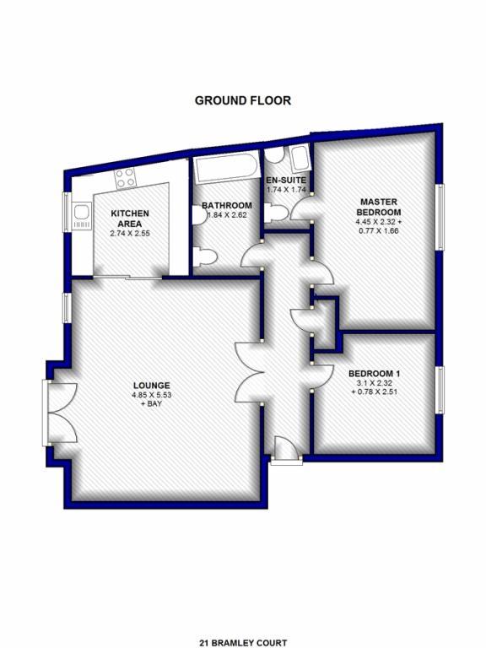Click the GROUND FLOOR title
point(243,100)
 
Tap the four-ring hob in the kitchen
point(125,178)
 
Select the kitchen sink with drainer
point(82,215)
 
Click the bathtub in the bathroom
point(225,168)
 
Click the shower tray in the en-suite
point(300,159)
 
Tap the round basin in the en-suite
point(273,154)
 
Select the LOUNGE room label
point(151,386)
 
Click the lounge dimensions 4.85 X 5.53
point(151,395)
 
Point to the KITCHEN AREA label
point(130,219)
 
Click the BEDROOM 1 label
point(375,374)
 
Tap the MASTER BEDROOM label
point(379,207)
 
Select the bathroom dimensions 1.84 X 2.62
point(227,215)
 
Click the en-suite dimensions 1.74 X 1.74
point(286,190)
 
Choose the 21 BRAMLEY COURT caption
point(243,643)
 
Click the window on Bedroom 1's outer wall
point(440,390)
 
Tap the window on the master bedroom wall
point(440,217)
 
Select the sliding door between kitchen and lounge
point(127,278)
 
